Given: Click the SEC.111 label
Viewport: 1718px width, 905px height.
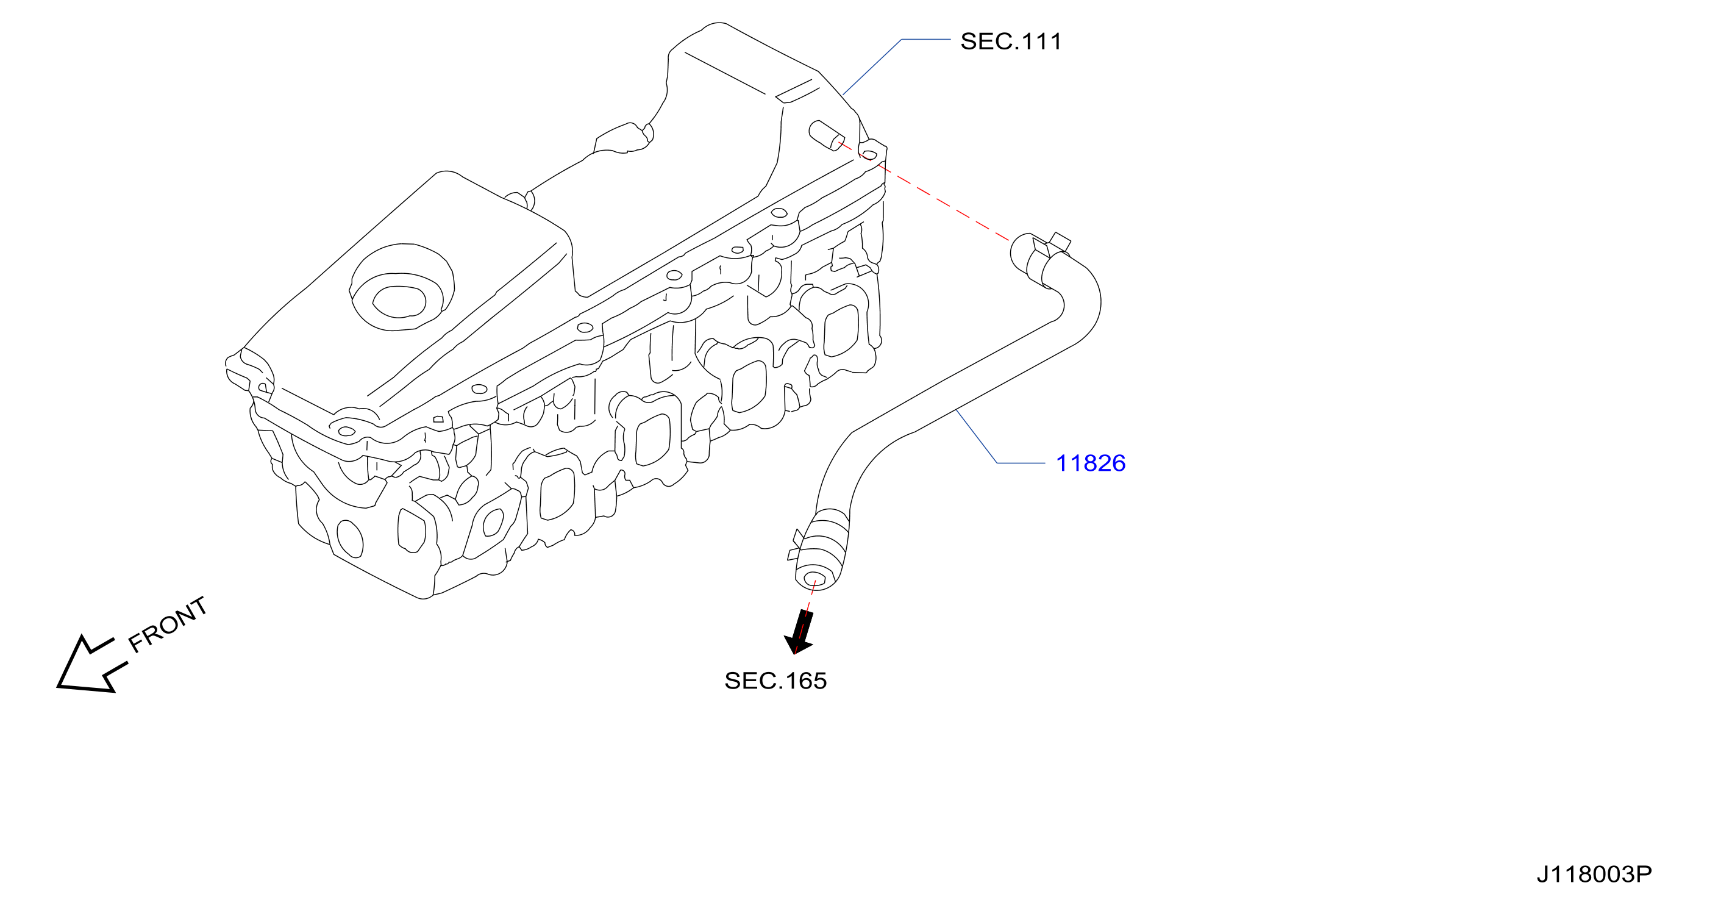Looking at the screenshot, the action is pyautogui.click(x=1010, y=41).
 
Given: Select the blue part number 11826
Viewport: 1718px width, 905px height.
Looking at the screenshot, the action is pyautogui.click(x=1091, y=463).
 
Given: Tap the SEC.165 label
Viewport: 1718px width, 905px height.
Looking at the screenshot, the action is pyautogui.click(x=775, y=681).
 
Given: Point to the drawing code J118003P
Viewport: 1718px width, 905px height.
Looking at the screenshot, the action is pyautogui.click(x=1594, y=874).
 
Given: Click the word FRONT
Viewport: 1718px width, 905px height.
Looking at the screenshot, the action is pyautogui.click(x=166, y=624).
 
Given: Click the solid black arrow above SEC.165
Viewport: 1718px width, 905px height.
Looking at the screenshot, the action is pyautogui.click(x=799, y=632).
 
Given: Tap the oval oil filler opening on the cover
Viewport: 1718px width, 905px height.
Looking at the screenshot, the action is pyautogui.click(x=399, y=302).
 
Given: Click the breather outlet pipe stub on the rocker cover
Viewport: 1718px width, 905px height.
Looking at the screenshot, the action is pyautogui.click(x=826, y=135).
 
